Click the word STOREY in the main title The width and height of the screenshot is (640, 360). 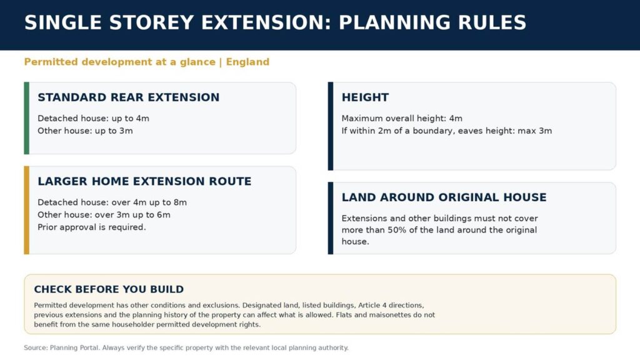(x=151, y=22)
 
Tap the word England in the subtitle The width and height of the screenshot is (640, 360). (x=247, y=62)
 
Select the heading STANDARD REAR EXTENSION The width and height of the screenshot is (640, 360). (x=129, y=97)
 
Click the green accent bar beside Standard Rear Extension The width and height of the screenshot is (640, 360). (x=26, y=118)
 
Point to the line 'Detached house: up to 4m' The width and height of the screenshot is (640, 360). (x=94, y=118)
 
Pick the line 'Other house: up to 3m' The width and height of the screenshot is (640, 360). (x=85, y=131)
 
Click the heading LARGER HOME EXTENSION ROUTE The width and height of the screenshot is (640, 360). (x=144, y=181)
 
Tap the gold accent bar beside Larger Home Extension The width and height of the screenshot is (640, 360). (x=26, y=210)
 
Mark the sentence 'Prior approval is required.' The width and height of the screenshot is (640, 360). (x=92, y=227)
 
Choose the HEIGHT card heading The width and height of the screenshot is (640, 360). (x=365, y=97)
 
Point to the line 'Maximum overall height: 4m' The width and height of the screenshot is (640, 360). (x=402, y=118)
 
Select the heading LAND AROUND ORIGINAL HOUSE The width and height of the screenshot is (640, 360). (x=444, y=197)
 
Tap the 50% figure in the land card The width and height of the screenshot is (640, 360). (x=397, y=230)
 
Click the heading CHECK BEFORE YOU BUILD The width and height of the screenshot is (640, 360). (x=109, y=289)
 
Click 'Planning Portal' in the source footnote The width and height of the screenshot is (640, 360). (x=74, y=347)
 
